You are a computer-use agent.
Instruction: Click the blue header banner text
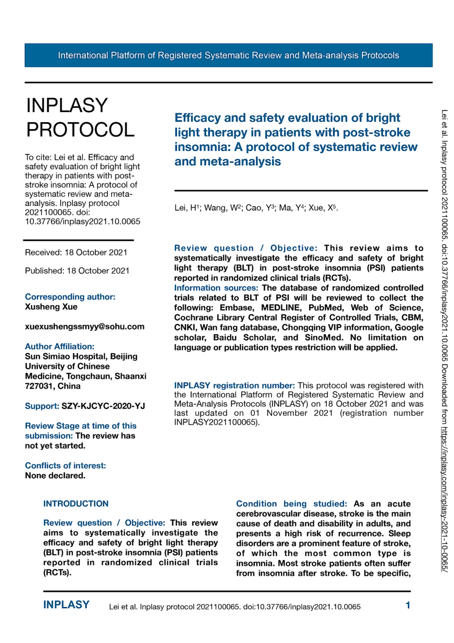pyautogui.click(x=228, y=55)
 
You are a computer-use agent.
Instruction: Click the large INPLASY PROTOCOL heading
pyautogui.click(x=80, y=118)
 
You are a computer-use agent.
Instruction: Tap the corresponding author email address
pyautogui.click(x=84, y=327)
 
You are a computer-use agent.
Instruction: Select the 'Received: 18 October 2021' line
pyautogui.click(x=76, y=252)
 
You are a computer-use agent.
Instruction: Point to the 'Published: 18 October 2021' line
pyautogui.click(x=77, y=271)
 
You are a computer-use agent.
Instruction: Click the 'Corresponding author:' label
pyautogui.click(x=70, y=297)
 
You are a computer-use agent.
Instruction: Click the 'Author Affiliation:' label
pyautogui.click(x=59, y=347)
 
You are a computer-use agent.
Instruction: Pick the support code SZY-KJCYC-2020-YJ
pyautogui.click(x=103, y=406)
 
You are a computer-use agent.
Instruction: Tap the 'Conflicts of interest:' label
pyautogui.click(x=65, y=466)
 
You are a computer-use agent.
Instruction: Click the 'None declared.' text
pyautogui.click(x=55, y=476)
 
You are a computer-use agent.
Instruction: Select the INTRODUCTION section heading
pyautogui.click(x=76, y=504)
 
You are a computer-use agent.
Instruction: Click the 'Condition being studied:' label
pyautogui.click(x=291, y=504)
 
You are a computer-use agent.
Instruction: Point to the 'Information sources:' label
pyautogui.click(x=216, y=288)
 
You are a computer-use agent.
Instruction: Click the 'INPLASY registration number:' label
pyautogui.click(x=234, y=386)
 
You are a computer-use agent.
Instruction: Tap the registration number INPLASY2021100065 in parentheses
pyautogui.click(x=215, y=422)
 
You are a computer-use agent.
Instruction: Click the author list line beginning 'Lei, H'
pyautogui.click(x=256, y=208)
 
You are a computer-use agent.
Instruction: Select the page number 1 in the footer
pyautogui.click(x=408, y=605)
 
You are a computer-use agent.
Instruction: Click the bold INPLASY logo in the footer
pyautogui.click(x=66, y=605)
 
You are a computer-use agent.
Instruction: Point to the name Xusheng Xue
pyautogui.click(x=51, y=307)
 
